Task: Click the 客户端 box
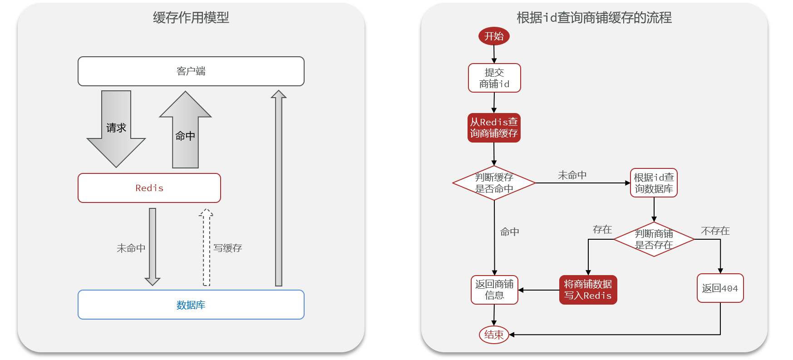191,71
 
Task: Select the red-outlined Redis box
149,188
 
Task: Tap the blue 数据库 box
191,305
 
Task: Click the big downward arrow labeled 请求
116,129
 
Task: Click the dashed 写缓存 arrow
207,247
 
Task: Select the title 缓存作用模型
191,18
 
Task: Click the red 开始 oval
494,36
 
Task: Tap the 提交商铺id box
494,78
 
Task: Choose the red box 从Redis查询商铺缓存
494,128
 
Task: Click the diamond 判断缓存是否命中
494,183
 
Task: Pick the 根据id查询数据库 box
654,183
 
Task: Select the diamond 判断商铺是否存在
654,239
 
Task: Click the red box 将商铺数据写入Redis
588,290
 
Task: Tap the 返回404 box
720,288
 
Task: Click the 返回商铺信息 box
494,290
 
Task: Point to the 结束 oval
494,335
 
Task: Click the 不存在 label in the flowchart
715,231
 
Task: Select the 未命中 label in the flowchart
572,175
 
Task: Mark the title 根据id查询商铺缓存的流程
594,18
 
